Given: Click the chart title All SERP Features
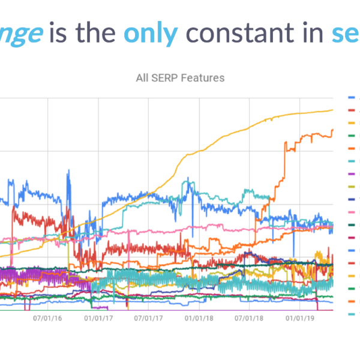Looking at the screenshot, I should pos(181,77).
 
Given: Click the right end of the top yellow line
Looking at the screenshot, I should pos(333,110).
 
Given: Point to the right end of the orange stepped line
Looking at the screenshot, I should pos(333,130).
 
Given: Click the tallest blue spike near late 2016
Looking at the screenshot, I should pos(68,171).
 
